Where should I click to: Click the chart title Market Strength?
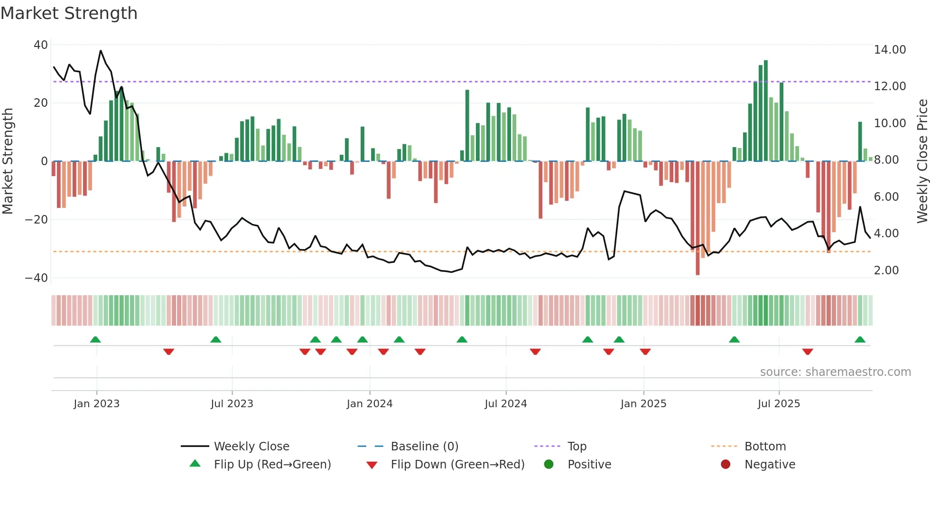[69, 13]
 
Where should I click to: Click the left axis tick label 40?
[41, 45]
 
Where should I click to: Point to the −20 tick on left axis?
[37, 220]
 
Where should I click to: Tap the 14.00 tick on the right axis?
[890, 50]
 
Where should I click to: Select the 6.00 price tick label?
[886, 197]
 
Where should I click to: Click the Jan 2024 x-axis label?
[370, 404]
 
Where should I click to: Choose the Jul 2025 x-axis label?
[779, 404]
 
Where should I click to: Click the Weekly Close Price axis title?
[922, 161]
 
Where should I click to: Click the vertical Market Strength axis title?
[8, 161]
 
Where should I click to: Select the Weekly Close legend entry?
[251, 447]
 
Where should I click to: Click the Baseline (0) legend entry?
[424, 447]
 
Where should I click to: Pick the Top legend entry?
[577, 447]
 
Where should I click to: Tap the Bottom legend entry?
[765, 447]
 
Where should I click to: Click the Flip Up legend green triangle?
[195, 464]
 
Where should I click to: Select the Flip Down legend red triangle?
[372, 465]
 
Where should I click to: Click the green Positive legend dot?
[549, 464]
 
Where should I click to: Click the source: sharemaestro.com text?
[835, 372]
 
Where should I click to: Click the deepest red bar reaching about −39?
[697, 218]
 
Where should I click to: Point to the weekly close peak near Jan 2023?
[101, 51]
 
